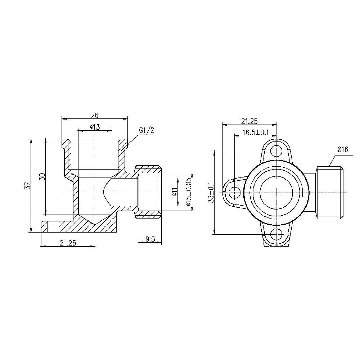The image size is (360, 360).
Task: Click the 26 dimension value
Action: (95, 115)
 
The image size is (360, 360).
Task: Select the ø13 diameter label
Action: (95, 127)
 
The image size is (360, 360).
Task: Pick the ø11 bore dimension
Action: (174, 193)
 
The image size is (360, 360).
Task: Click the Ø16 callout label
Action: (342, 149)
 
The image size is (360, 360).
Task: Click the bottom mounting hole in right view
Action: (276, 234)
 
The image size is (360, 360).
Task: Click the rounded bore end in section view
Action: (107, 193)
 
